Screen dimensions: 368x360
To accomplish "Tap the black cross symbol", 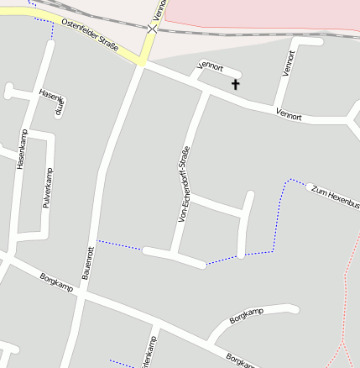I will (236, 83).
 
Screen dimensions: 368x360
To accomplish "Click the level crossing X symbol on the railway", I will (152, 29).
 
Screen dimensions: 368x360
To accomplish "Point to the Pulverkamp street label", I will (48, 187).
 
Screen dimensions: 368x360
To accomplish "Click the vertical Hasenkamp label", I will (22, 150).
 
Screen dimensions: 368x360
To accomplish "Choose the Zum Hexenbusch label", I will (335, 197).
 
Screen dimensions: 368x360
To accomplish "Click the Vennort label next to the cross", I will (209, 66).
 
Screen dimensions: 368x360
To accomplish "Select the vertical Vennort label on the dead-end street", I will (289, 63).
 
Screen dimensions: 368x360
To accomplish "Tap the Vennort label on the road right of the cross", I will (288, 115).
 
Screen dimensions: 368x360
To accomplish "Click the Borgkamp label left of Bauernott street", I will (56, 281).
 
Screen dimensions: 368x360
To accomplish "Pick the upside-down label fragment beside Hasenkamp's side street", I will (59, 108).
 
